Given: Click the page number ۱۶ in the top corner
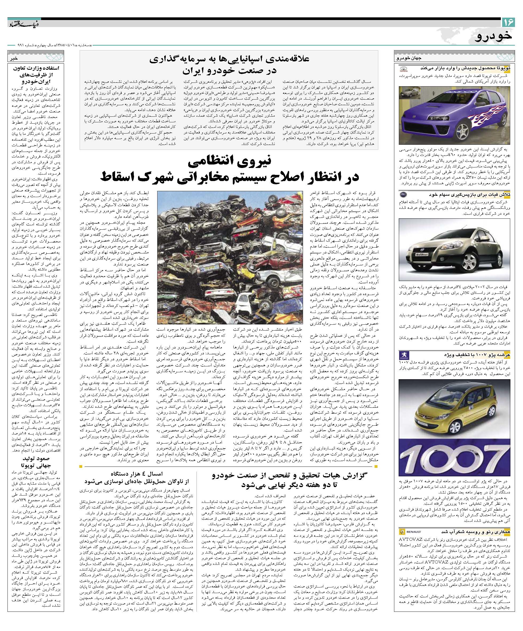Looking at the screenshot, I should click(x=508, y=22).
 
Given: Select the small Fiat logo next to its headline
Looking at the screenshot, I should click(x=403, y=194).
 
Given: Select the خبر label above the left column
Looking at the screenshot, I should click(x=14, y=58).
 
